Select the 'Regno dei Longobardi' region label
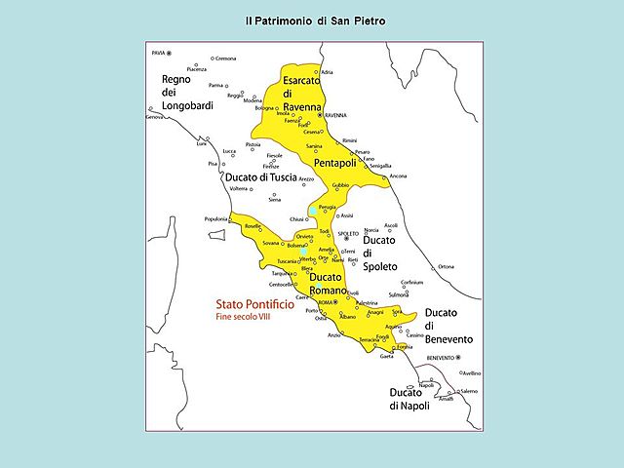pos(187,93)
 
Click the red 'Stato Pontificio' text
pos(240,304)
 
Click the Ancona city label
pos(398,175)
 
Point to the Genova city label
pos(154,117)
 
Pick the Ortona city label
pos(446,266)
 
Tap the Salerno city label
pos(469,391)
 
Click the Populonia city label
pos(214,218)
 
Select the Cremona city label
pos(225,58)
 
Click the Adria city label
pos(328,72)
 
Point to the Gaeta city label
pos(387,357)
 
